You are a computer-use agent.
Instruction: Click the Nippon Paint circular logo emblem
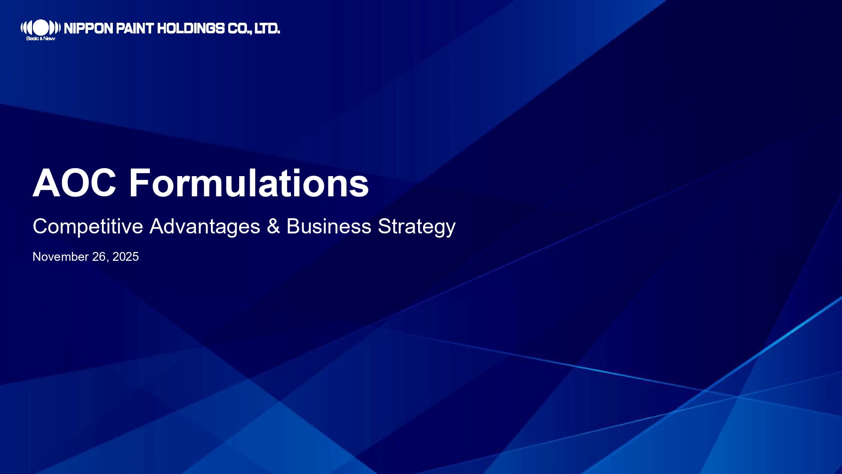40,28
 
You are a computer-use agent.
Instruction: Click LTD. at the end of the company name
267,29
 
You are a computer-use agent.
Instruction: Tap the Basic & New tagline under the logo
40,38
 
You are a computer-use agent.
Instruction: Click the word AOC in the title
75,183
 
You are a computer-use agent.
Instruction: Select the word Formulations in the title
249,183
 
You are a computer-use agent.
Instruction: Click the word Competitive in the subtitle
88,227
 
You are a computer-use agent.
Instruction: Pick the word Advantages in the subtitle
205,227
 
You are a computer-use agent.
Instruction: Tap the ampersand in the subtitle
273,226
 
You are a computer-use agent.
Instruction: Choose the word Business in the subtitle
329,226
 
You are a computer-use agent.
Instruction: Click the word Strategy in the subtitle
417,227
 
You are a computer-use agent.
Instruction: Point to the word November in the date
61,257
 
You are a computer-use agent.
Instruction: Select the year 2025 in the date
125,257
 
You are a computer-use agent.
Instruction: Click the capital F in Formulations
139,183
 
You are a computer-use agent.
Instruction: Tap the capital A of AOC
45,183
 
